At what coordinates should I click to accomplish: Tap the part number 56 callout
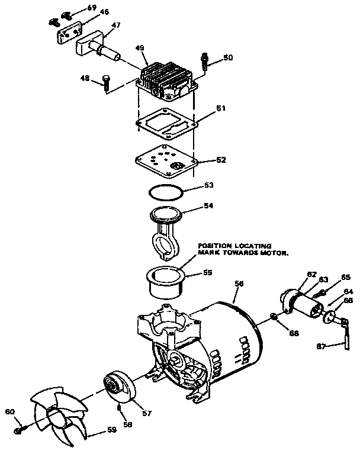pyautogui.click(x=239, y=284)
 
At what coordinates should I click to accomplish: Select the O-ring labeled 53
pyautogui.click(x=165, y=192)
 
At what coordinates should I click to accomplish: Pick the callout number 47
pyautogui.click(x=116, y=25)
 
